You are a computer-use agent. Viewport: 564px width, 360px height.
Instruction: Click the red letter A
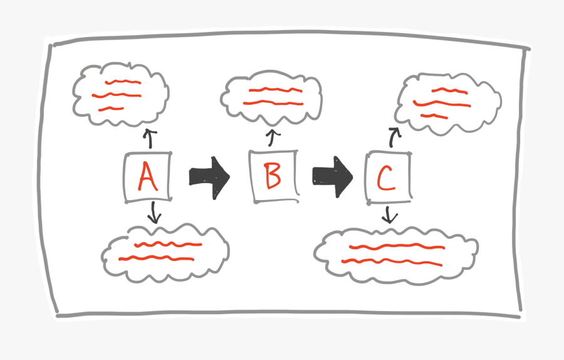click(x=147, y=177)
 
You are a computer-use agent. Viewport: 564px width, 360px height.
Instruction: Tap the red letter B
click(x=273, y=176)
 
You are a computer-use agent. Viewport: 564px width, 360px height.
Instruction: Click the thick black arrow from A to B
click(x=209, y=177)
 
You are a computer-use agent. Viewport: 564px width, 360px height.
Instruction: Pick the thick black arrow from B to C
click(x=333, y=177)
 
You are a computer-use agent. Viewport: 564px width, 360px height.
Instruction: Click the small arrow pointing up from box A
click(x=150, y=139)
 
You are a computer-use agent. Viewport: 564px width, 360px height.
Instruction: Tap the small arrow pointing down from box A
click(x=154, y=213)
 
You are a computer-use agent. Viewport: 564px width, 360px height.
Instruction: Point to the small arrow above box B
click(x=273, y=138)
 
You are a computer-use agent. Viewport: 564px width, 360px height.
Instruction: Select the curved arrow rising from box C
click(x=393, y=137)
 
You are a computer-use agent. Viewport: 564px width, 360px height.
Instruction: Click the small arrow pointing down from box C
click(x=389, y=215)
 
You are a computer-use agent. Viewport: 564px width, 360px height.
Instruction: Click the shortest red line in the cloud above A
click(x=111, y=109)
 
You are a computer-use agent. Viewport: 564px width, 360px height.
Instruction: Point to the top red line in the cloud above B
click(x=276, y=90)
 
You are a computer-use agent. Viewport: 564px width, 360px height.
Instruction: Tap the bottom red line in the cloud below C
click(x=392, y=262)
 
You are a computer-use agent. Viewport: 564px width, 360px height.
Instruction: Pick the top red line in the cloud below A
click(x=168, y=245)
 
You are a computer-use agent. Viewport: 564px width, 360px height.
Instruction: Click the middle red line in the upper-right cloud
click(x=442, y=104)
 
